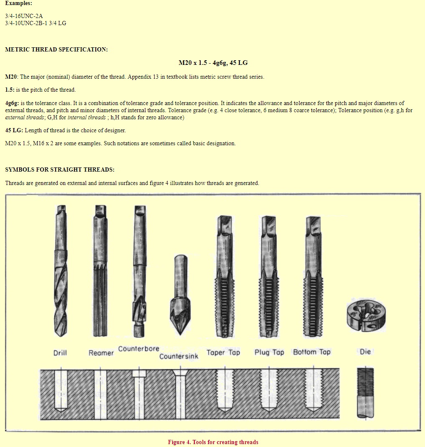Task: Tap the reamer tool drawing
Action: pyautogui.click(x=100, y=272)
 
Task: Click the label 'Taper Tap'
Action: pyautogui.click(x=223, y=352)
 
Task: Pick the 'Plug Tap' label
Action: pyautogui.click(x=269, y=352)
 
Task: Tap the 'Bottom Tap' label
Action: pyautogui.click(x=312, y=352)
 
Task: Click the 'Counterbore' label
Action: pyautogui.click(x=138, y=349)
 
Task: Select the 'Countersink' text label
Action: pyautogui.click(x=179, y=357)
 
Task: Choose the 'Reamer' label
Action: pyautogui.click(x=101, y=353)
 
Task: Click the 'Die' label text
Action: pyautogui.click(x=365, y=352)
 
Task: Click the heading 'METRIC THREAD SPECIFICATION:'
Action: pyautogui.click(x=56, y=49)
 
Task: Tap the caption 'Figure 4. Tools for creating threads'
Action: pyautogui.click(x=213, y=442)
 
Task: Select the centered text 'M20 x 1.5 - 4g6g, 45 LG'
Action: pyautogui.click(x=213, y=63)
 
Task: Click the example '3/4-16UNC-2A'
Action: pyautogui.click(x=24, y=16)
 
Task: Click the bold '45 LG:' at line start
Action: pyautogui.click(x=14, y=130)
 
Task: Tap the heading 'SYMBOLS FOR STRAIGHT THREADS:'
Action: pyautogui.click(x=60, y=170)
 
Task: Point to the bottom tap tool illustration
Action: pyautogui.click(x=313, y=276)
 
